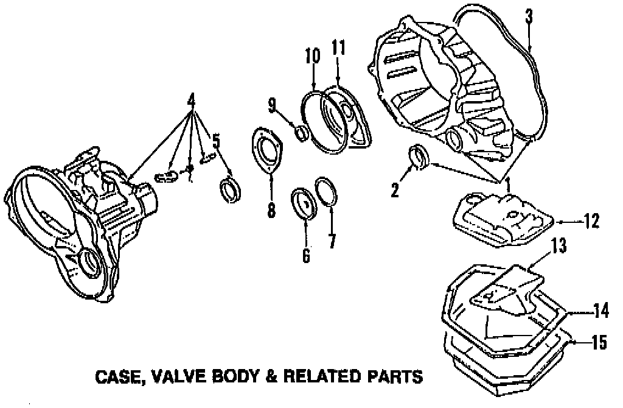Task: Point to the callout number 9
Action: pyautogui.click(x=273, y=105)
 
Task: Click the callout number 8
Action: pyautogui.click(x=271, y=210)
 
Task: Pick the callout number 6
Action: pyautogui.click(x=305, y=256)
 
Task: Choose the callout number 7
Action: pyautogui.click(x=332, y=241)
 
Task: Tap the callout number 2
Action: pyautogui.click(x=395, y=191)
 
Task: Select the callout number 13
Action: pyautogui.click(x=559, y=246)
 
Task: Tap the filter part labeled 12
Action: pyautogui.click(x=502, y=217)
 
